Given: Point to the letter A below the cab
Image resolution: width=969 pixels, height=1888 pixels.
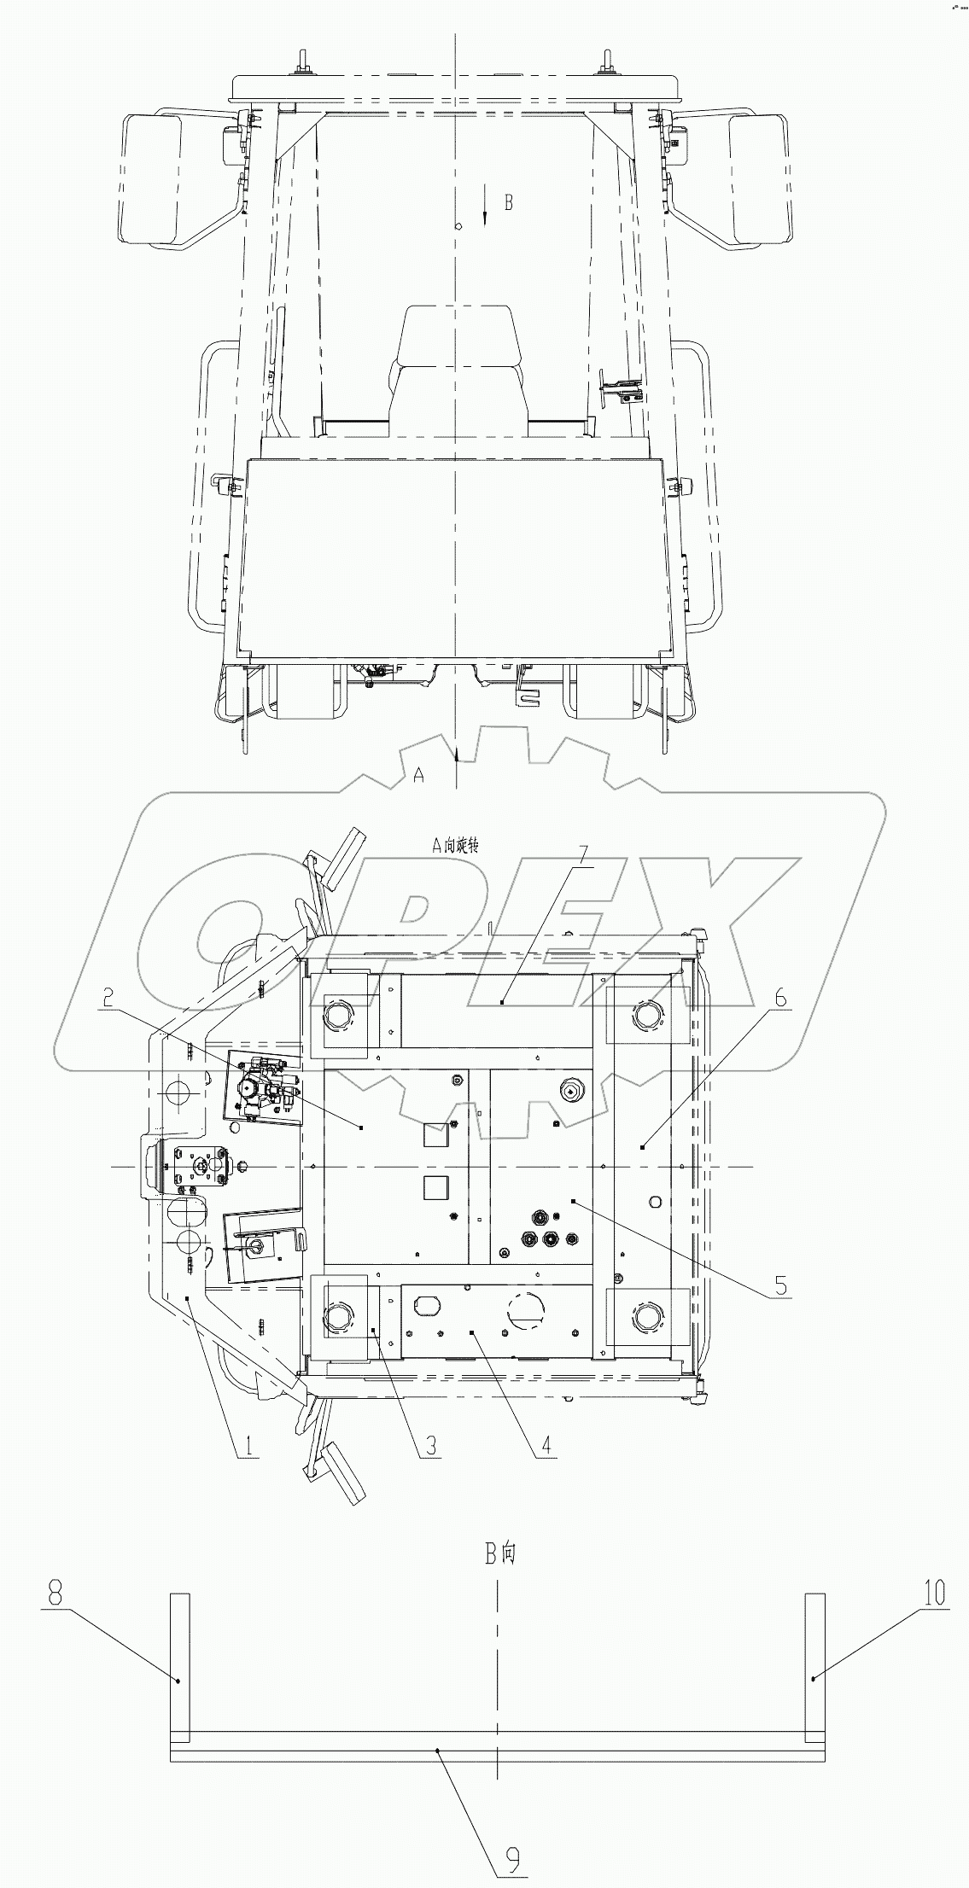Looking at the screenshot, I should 418,774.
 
